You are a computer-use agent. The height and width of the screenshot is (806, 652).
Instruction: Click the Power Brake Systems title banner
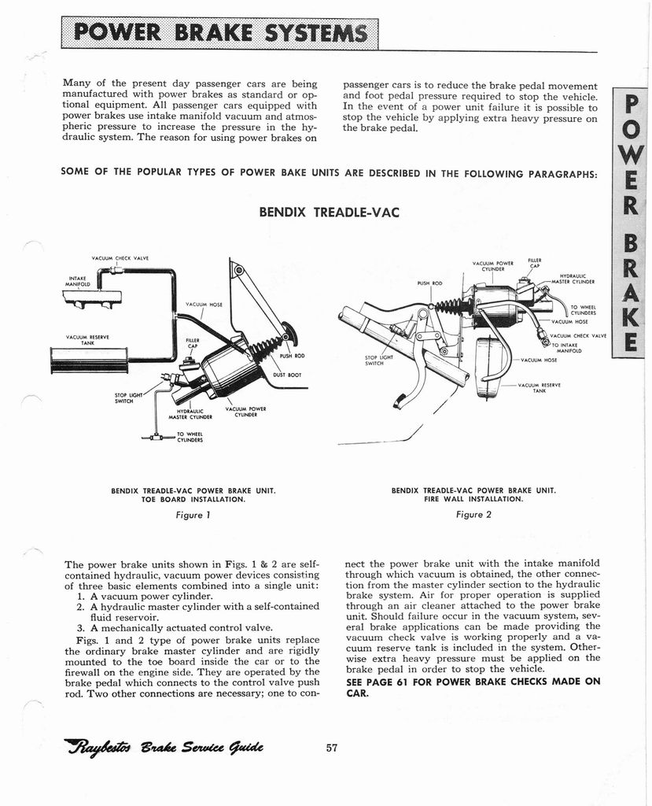(219, 34)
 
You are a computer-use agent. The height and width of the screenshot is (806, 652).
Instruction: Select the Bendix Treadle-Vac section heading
(330, 213)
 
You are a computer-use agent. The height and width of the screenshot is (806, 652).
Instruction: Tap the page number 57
(331, 748)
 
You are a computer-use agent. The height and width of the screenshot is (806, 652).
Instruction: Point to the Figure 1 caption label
(193, 516)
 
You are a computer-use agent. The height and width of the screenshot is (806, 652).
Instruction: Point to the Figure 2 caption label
(473, 516)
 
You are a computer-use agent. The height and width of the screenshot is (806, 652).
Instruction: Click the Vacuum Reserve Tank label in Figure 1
(87, 340)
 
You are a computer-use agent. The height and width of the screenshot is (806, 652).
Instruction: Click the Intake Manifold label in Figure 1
(78, 280)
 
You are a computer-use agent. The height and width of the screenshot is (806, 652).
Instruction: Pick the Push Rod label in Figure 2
(430, 283)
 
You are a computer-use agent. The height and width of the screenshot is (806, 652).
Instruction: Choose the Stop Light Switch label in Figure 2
(378, 360)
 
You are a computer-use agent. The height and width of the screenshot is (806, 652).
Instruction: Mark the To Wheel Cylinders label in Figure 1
(190, 437)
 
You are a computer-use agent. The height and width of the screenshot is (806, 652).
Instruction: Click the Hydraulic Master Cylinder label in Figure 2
(576, 279)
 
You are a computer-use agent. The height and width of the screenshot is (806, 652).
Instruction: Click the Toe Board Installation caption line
(193, 499)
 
